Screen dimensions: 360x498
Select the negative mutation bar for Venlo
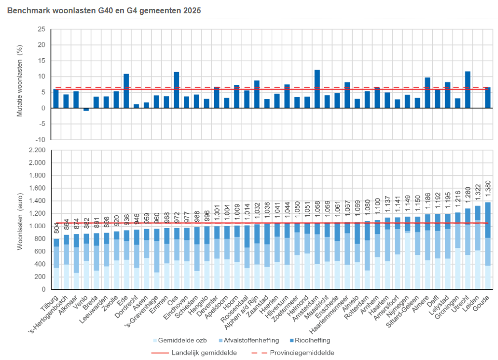(x=86, y=110)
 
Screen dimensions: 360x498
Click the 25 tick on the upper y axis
(x=41, y=29)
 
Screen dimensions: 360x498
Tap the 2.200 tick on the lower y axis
(x=38, y=150)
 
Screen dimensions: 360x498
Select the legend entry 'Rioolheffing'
(x=311, y=340)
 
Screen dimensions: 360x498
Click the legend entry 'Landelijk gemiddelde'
(x=203, y=353)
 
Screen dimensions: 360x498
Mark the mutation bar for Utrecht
(x=467, y=89)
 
